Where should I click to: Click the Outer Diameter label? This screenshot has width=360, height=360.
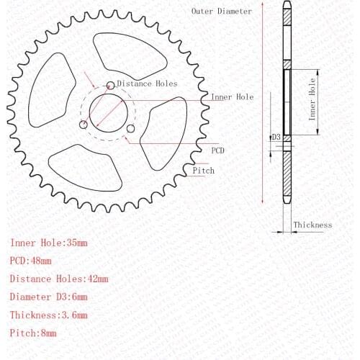click(222, 11)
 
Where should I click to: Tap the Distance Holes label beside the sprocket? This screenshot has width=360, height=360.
click(146, 83)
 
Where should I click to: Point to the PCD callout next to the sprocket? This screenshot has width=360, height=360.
click(217, 150)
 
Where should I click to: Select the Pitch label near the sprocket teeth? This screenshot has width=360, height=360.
click(202, 171)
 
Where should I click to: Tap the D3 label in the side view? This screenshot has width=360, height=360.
click(276, 137)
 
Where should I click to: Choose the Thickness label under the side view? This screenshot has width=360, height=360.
click(312, 225)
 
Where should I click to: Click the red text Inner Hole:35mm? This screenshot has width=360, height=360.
click(48, 243)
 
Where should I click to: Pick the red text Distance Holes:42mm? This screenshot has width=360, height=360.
click(59, 279)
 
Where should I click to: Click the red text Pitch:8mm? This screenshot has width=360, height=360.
click(33, 333)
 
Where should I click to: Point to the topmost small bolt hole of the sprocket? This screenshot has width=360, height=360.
click(110, 86)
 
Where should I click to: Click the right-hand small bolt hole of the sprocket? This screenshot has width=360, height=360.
click(130, 129)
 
